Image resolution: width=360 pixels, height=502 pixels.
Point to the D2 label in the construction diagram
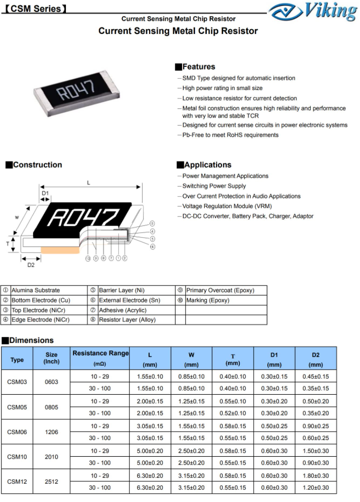31,265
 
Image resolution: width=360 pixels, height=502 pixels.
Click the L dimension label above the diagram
89,183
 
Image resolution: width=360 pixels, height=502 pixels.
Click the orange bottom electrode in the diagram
60,251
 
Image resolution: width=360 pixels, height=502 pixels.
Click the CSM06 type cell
17,432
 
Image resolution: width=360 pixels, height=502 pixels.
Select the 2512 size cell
51,481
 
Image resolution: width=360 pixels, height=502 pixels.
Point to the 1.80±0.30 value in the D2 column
316,475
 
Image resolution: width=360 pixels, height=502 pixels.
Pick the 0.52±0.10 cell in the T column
232,413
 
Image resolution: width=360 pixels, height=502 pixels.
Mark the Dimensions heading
31,341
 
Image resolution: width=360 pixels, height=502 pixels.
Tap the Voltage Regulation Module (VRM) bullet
227,206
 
